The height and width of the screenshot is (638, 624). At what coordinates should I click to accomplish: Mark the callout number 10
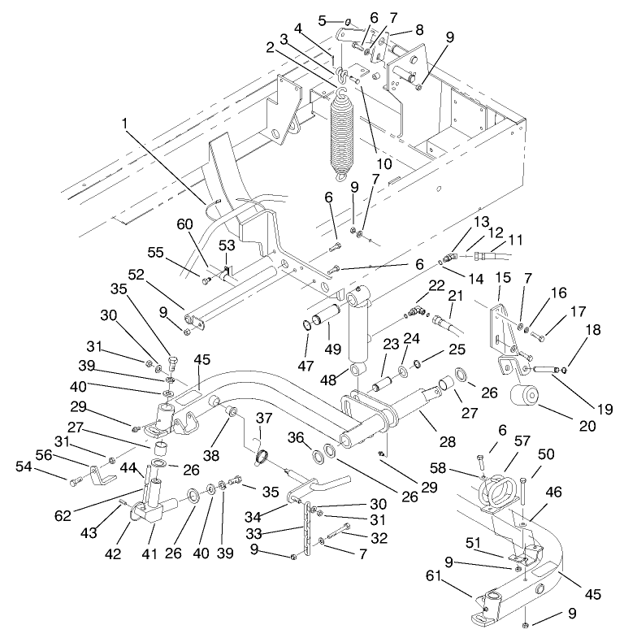[x=383, y=163]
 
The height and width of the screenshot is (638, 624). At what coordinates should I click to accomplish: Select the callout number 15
[x=503, y=278]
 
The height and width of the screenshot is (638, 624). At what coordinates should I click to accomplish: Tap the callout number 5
[x=322, y=20]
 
